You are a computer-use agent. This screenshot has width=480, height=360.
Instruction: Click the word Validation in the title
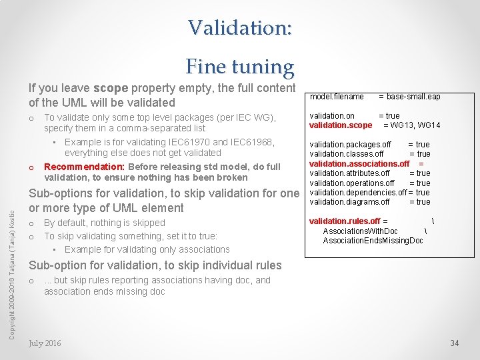pos(238,27)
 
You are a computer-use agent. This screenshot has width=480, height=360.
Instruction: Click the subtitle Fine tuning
pos(239,67)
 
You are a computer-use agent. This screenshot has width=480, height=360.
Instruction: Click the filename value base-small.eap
pos(413,97)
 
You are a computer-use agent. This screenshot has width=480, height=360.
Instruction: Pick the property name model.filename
pos(337,97)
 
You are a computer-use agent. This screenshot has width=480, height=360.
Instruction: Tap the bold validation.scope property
pos(341,125)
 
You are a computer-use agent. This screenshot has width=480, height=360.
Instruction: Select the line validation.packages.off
pos(350,145)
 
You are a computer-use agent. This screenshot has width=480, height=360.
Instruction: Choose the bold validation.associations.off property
pos(359,164)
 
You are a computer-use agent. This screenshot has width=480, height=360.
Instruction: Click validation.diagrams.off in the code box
pos(349,202)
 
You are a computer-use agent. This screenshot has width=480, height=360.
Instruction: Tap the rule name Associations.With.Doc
pos(360,231)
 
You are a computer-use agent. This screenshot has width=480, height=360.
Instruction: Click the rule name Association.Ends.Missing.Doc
pos(373,241)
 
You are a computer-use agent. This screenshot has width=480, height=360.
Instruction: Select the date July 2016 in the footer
pos(45,343)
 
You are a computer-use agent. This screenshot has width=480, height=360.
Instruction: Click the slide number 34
pos(455,343)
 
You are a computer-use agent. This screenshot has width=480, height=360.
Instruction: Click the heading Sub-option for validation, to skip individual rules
pos(155,265)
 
